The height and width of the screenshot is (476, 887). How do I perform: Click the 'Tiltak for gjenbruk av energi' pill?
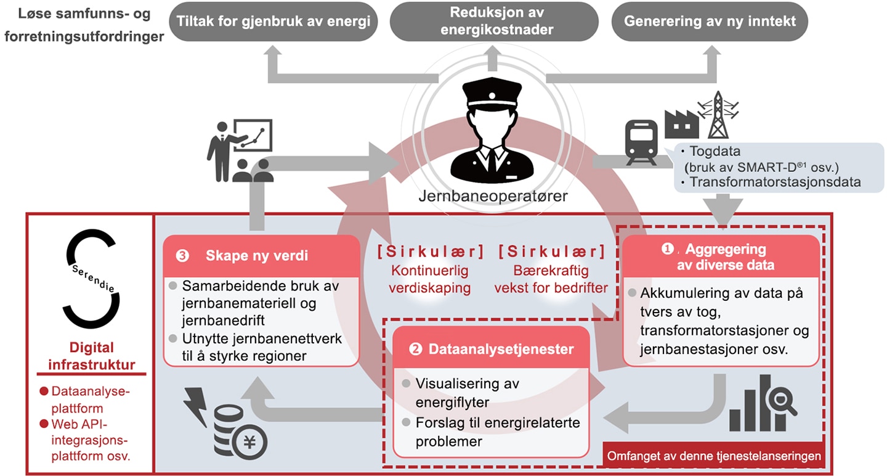(273, 22)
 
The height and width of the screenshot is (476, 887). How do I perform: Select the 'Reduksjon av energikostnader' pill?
(494, 22)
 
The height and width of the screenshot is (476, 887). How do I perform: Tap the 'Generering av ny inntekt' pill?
(710, 22)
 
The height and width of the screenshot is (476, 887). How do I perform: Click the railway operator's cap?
(492, 94)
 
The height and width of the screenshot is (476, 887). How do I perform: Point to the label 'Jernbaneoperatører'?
(493, 196)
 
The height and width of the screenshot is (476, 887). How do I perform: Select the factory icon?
(681, 125)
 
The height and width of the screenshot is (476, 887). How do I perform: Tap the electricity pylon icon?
(718, 115)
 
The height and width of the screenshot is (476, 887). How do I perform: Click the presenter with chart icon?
(240, 150)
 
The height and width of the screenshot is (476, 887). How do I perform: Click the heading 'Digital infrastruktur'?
(91, 356)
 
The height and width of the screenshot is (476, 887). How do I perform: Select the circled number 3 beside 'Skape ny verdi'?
(182, 256)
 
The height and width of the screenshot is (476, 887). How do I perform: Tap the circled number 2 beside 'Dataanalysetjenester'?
(415, 349)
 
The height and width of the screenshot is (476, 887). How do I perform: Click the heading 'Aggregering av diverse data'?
(726, 257)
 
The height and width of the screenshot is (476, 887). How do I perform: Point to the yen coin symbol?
(249, 442)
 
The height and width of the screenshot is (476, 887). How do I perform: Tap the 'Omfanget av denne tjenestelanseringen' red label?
(714, 456)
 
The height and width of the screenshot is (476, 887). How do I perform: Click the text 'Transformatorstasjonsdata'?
(776, 182)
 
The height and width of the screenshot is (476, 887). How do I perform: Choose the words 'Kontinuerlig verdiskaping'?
(430, 279)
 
